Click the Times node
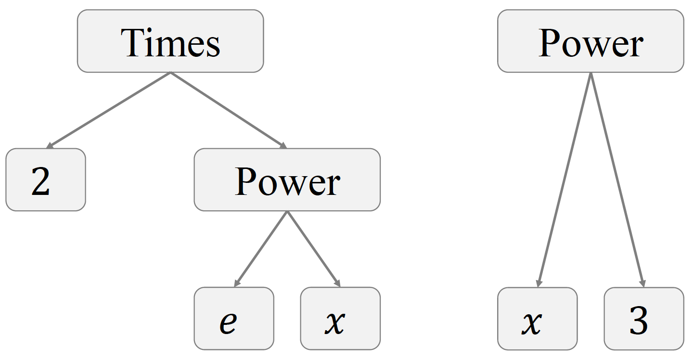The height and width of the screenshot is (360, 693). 170,41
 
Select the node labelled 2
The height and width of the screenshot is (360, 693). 46,180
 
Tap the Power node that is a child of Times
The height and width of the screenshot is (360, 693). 287,180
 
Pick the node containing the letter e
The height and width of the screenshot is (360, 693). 234,318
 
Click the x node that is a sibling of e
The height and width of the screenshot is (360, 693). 340,318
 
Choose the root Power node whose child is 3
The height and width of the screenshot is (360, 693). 590,41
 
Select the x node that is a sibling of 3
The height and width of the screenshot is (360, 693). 537,318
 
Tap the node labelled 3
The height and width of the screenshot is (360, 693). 643,318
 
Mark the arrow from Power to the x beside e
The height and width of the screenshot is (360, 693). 313,249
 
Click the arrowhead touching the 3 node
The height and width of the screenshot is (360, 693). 642,283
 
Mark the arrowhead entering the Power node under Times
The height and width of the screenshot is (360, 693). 283,146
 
